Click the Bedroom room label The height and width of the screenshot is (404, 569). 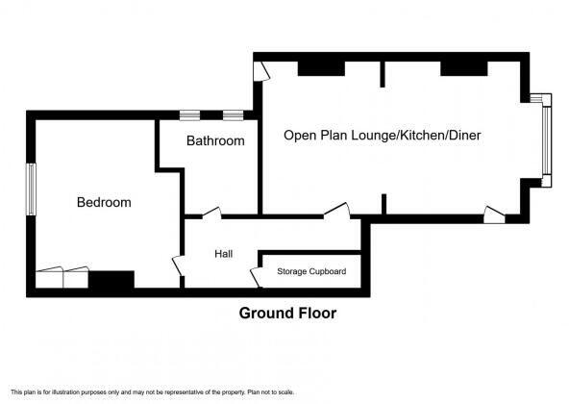point(104,203)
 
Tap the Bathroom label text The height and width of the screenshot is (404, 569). point(215,140)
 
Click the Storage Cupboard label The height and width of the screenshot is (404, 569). point(311,272)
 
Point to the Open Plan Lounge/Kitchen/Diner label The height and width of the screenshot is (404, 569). point(382,136)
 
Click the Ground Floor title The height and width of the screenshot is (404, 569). point(287,313)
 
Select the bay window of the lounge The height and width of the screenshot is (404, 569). point(545,139)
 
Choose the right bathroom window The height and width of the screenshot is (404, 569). point(234,115)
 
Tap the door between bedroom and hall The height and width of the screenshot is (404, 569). point(177,266)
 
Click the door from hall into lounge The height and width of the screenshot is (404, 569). point(336,210)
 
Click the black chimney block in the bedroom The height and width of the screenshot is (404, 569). point(111,280)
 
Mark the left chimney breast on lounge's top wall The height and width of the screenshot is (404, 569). point(318,68)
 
